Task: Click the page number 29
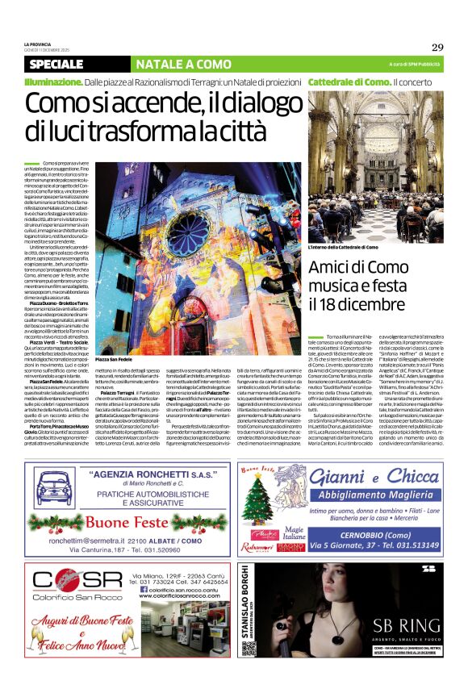pos(437,47)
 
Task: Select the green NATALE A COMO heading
pos(172,64)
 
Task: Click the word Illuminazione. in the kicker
pos(53,83)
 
